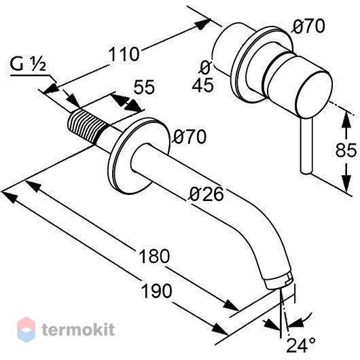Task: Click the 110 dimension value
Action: (x=124, y=54)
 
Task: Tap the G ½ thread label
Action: (x=28, y=65)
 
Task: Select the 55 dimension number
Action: (x=145, y=87)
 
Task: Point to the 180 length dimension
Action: (x=154, y=256)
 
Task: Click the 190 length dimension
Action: (x=156, y=291)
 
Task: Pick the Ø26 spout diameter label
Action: (x=206, y=194)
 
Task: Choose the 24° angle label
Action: (x=301, y=345)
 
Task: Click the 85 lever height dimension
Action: (x=346, y=150)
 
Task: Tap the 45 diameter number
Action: (x=202, y=86)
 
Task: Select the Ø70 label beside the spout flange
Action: (x=190, y=137)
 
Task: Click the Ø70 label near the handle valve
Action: (x=309, y=26)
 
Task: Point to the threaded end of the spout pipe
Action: (x=84, y=127)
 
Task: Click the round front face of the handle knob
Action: (x=314, y=95)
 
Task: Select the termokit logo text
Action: (x=78, y=329)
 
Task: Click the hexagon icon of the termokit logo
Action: (x=26, y=329)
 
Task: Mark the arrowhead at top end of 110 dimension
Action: (x=202, y=24)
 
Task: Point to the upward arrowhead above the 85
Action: (x=346, y=119)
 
